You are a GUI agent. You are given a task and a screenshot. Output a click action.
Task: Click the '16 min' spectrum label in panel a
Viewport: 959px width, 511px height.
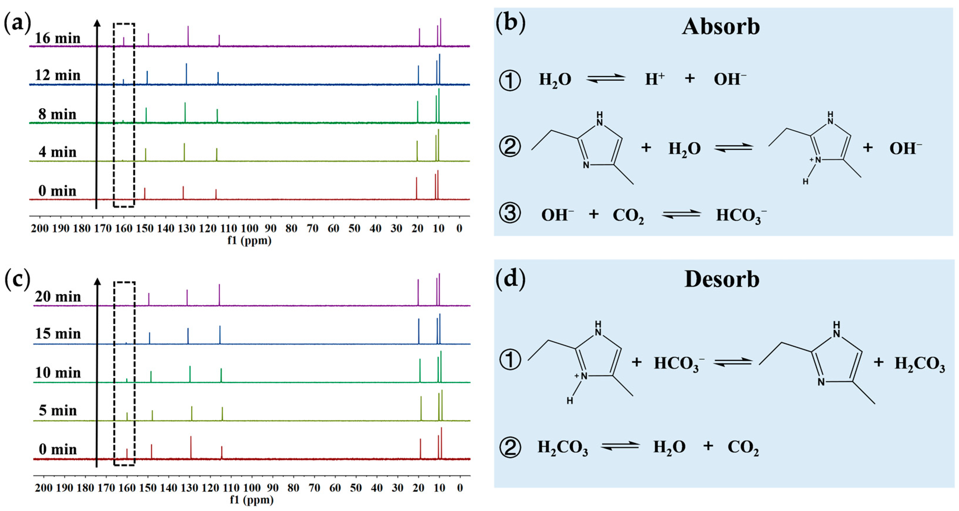coord(58,38)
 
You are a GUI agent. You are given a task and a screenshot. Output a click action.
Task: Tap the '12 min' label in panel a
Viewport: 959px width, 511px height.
coord(58,76)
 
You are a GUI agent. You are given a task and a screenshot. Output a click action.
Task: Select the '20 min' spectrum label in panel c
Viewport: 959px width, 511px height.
coord(58,297)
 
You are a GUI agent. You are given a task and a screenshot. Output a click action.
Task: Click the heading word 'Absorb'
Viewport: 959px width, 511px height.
coord(721,27)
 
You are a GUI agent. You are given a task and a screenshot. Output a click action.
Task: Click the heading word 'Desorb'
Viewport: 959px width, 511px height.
coord(722,279)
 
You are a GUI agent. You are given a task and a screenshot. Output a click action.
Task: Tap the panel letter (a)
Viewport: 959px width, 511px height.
coord(17,23)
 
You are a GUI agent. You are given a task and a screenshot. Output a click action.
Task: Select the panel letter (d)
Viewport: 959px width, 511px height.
coord(511,278)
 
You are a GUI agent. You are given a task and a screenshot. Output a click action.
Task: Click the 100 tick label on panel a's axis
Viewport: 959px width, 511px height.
coord(249,229)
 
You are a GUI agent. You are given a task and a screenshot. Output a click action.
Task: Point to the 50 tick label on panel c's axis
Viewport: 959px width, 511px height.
coord(356,488)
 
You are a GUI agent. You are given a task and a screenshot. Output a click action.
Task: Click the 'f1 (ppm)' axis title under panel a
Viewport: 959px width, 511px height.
coord(249,241)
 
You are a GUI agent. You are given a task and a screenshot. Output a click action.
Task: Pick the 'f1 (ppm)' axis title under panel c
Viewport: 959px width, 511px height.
coord(252,500)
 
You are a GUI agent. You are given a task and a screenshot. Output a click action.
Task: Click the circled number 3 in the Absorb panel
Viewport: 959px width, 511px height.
coord(510,214)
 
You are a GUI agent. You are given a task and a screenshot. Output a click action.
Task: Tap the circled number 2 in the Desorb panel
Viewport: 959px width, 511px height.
coord(510,447)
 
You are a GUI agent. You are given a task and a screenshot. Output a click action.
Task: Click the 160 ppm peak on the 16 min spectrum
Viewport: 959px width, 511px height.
coord(124,42)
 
